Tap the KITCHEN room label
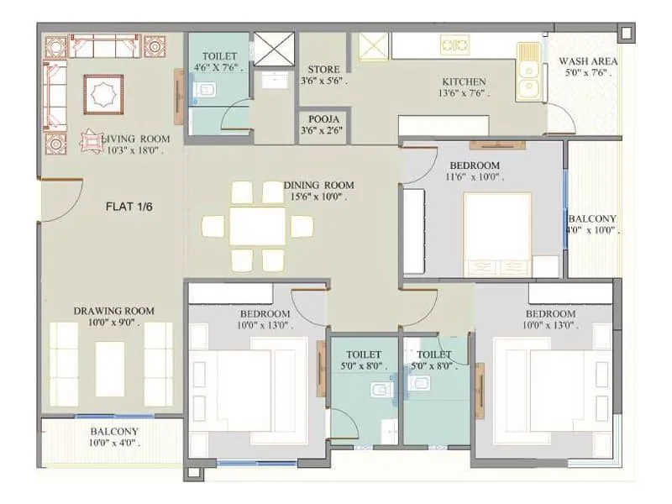464,82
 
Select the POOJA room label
323,119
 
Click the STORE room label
323,70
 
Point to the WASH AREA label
588,61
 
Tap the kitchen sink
528,71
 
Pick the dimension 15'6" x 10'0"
318,197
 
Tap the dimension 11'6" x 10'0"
474,176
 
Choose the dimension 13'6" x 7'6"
464,94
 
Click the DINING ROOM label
318,186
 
